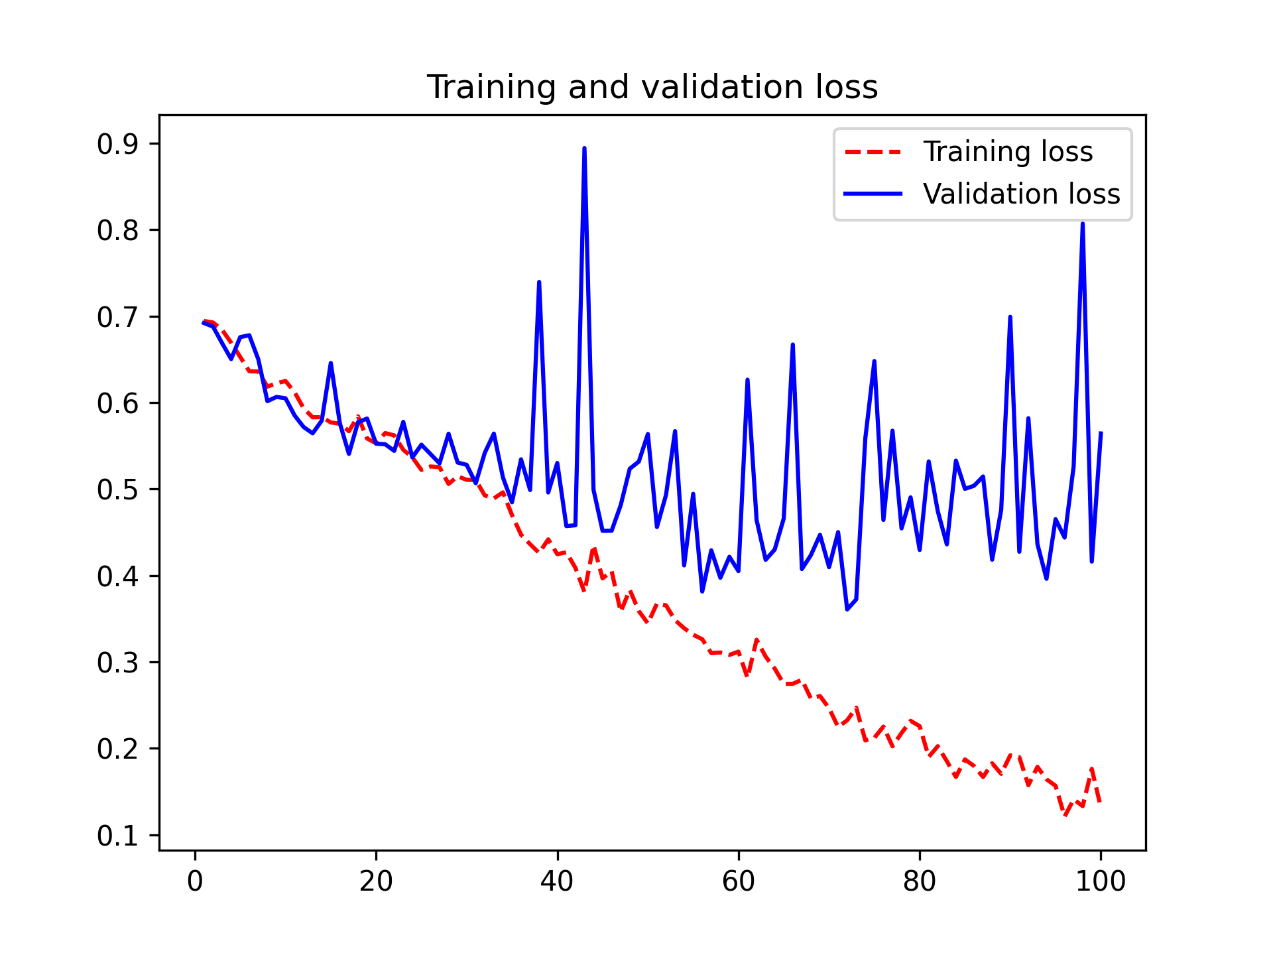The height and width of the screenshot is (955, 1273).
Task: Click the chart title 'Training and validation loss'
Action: click(652, 88)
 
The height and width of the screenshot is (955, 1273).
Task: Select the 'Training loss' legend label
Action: click(1008, 152)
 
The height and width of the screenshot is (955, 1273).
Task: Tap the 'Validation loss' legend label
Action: click(1021, 194)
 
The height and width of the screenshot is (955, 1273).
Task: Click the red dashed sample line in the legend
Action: click(873, 152)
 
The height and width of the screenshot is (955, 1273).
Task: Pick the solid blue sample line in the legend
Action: click(873, 194)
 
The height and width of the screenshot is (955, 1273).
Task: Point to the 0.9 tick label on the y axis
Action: click(118, 145)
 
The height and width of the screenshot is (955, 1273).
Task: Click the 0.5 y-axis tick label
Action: click(118, 490)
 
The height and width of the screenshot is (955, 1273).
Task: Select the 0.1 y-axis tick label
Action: click(118, 836)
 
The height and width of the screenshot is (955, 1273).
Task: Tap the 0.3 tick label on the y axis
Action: click(118, 663)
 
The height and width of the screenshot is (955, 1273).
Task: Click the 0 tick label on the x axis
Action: click(195, 881)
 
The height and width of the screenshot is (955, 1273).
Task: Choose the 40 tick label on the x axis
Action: click(557, 881)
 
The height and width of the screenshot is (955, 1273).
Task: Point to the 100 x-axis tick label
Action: click(1101, 881)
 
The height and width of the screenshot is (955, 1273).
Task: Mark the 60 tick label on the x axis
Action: click(738, 881)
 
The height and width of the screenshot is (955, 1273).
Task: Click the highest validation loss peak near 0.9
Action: click(584, 149)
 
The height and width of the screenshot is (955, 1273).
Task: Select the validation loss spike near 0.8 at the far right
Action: click(1083, 224)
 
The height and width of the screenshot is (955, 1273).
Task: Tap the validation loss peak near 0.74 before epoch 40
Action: click(539, 283)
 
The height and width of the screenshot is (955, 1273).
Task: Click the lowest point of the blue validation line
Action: click(847, 609)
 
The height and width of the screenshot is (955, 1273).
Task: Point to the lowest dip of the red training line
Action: click(1065, 816)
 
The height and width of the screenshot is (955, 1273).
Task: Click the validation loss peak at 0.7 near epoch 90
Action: click(1010, 317)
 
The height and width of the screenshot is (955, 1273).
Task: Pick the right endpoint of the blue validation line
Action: click(1101, 433)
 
